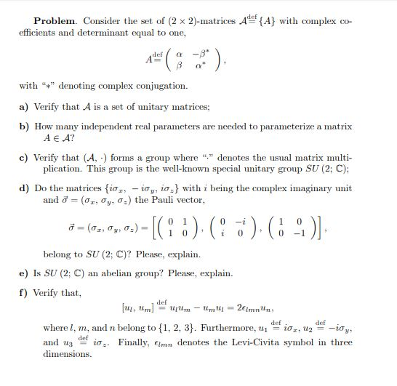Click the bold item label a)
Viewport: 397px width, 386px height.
coord(23,107)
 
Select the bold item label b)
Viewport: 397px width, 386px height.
coord(23,126)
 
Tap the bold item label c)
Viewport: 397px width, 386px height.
coord(23,157)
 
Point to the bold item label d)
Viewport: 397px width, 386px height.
coord(23,188)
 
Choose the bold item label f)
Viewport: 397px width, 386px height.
coord(23,294)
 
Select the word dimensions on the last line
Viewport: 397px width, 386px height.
coord(68,354)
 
